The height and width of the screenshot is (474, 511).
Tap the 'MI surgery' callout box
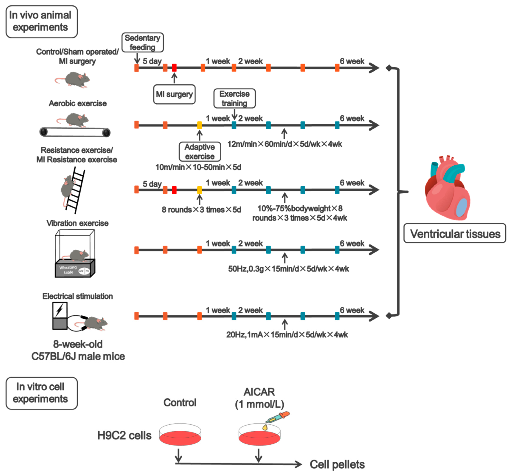click(x=174, y=94)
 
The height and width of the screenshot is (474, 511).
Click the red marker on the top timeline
click(x=174, y=68)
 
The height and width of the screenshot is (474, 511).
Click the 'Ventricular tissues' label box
click(x=454, y=233)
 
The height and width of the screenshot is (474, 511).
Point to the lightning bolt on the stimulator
click(x=59, y=310)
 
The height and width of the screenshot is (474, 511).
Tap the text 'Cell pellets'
click(x=337, y=464)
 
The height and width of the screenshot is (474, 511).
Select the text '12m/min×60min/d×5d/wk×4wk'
click(x=285, y=144)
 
